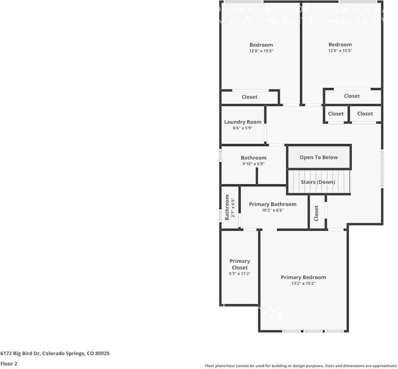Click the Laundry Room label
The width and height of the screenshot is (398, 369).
243,122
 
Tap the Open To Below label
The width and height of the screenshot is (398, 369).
319,157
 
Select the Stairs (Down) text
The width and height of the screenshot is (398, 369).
318,182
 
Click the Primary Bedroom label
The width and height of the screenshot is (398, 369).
303,277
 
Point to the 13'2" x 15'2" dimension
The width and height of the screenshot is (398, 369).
303,284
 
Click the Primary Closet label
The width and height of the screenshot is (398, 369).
240,264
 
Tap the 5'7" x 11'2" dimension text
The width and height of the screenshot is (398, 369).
240,274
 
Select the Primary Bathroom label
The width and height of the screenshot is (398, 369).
273,204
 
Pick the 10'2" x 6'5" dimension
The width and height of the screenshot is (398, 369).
273,210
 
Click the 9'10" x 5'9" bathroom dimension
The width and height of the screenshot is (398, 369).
254,164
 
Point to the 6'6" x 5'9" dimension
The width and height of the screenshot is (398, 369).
243,128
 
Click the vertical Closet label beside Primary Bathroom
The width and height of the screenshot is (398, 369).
316,213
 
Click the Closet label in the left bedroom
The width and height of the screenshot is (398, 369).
249,97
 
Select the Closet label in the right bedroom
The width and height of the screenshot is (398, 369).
352,96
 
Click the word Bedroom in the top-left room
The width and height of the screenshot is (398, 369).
261,45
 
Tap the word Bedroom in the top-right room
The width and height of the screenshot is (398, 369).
340,44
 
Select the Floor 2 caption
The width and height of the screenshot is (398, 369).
9,364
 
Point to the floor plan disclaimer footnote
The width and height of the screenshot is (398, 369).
301,366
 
